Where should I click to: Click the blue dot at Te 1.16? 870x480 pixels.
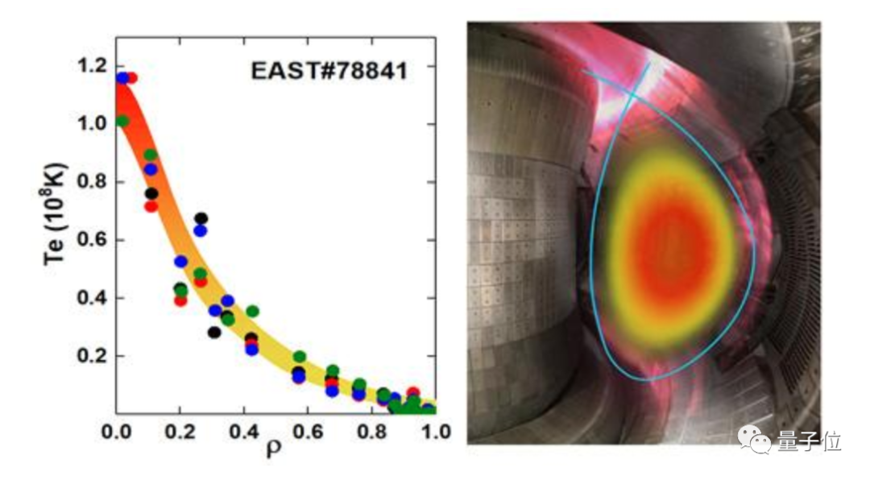click(122, 78)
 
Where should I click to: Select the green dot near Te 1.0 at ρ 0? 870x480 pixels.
click(122, 121)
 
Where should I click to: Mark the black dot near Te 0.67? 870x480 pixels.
click(201, 218)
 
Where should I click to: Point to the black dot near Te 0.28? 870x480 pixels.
click(213, 332)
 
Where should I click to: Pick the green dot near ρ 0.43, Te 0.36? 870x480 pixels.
click(252, 311)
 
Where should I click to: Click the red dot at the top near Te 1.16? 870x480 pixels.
click(132, 78)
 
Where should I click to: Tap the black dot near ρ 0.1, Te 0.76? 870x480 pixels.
click(151, 193)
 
